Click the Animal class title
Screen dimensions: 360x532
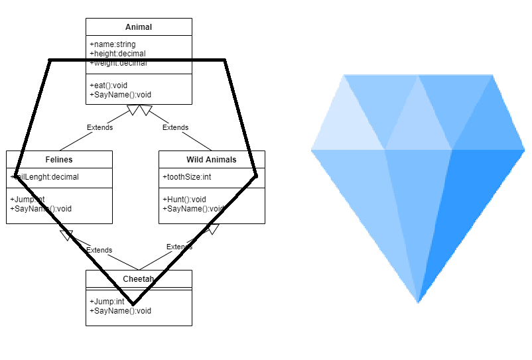[x=139, y=27]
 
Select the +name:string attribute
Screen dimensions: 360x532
[x=112, y=44]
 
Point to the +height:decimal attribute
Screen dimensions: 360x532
[x=117, y=54]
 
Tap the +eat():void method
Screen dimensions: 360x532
[x=108, y=85]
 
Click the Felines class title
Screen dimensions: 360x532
[x=59, y=160]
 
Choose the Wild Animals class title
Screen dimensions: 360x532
[x=212, y=160]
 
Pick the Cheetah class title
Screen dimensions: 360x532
[x=139, y=279]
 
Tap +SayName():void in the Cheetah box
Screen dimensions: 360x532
[x=120, y=310]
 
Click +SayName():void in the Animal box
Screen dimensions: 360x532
[x=120, y=94]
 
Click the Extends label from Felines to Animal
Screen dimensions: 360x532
[x=100, y=127]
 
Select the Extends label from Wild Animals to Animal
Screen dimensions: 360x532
[x=175, y=127]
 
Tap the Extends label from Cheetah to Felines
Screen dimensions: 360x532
[x=99, y=250]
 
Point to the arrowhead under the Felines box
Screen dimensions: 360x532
[x=66, y=234]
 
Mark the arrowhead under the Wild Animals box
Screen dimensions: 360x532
[x=212, y=229]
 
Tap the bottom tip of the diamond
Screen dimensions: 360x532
[x=418, y=302]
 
